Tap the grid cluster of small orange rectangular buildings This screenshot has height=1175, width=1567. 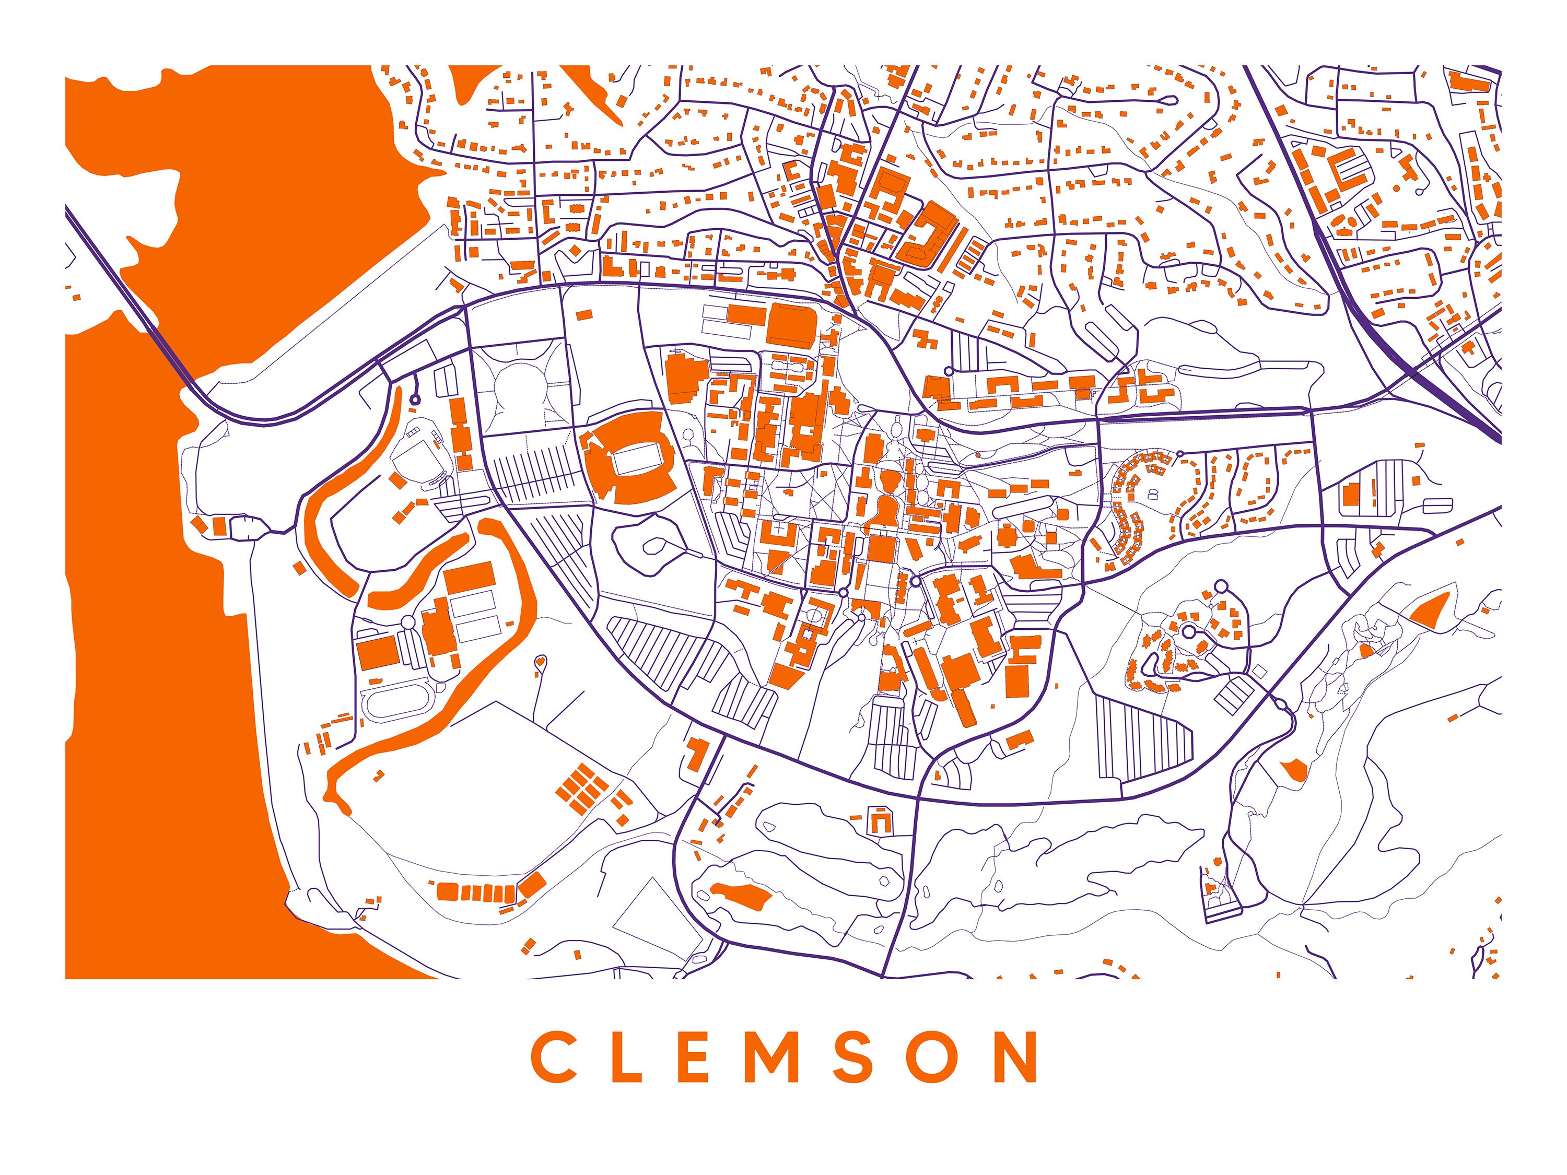coord(581,783)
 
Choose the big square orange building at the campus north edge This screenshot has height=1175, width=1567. coord(791,324)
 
